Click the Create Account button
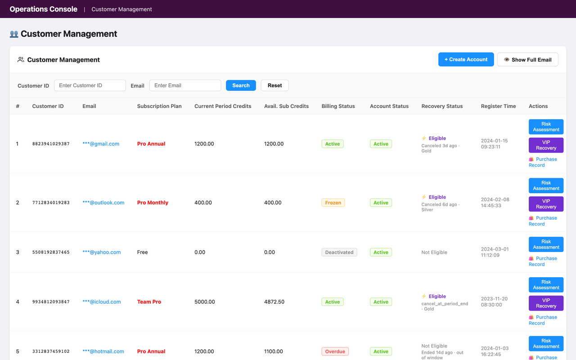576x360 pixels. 466,59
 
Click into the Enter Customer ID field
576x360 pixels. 90,85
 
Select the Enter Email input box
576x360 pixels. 185,85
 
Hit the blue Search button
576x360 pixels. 241,85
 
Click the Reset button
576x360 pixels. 274,85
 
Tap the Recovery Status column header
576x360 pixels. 441,106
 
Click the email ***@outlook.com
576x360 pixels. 103,202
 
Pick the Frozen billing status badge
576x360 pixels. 333,202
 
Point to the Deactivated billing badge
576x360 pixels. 339,252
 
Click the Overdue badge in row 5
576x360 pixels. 335,351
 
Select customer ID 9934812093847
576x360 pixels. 51,302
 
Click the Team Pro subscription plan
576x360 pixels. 149,302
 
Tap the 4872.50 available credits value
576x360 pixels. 274,302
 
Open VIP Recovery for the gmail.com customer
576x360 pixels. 546,145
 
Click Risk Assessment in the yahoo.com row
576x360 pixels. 546,244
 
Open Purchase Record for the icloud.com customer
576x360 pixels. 543,320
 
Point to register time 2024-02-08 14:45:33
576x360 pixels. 495,202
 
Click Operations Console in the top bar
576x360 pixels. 44,9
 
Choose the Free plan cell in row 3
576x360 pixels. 142,252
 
